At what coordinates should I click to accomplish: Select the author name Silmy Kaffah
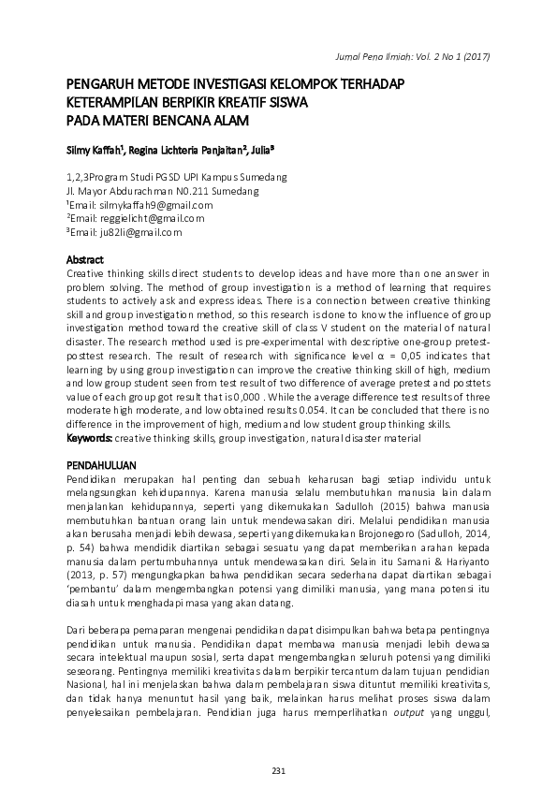coord(96,149)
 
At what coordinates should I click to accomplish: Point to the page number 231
coord(278,769)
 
